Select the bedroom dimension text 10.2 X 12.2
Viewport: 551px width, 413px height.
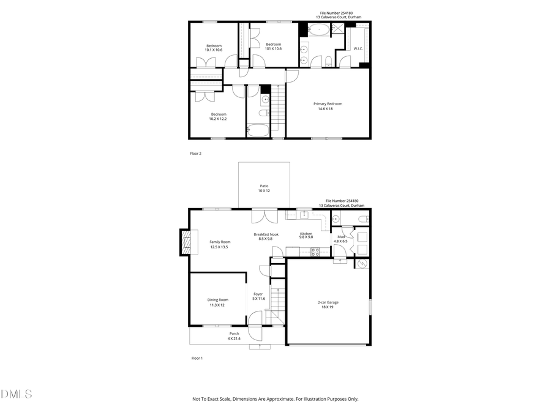(x=218, y=119)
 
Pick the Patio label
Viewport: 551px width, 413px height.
(x=264, y=186)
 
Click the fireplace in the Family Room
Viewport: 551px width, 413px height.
(x=184, y=241)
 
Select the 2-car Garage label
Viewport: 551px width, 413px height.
(x=328, y=302)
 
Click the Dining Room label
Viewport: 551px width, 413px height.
(x=219, y=300)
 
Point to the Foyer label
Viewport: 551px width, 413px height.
(x=258, y=294)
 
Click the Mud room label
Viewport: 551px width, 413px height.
(x=340, y=236)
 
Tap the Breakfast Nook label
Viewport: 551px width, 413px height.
(x=266, y=234)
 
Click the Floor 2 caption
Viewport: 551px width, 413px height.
(x=195, y=154)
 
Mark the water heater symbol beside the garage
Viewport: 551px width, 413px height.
(x=361, y=264)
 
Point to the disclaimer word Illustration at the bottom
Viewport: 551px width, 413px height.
(x=315, y=399)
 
